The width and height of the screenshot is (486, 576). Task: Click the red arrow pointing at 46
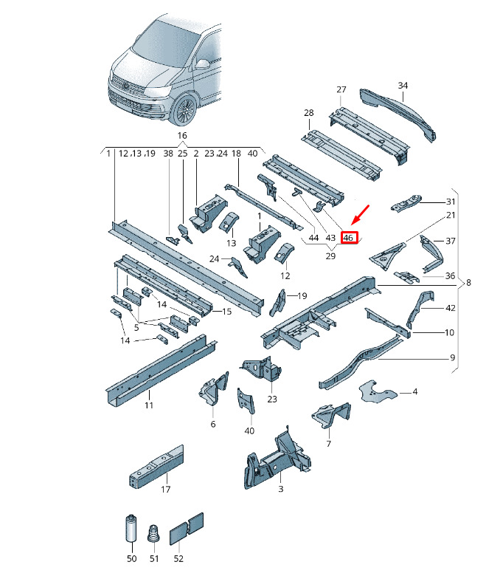(x=360, y=216)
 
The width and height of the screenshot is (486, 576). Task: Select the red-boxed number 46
(x=347, y=238)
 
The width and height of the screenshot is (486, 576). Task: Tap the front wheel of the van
(x=186, y=110)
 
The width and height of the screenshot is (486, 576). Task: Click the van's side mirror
(x=202, y=64)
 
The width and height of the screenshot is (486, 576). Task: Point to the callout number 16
(x=182, y=136)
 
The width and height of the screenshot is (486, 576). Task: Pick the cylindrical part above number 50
(x=131, y=528)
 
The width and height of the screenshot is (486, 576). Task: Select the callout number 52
(x=178, y=558)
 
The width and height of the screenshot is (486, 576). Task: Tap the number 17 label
(x=166, y=490)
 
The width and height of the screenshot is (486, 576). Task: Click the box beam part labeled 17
(x=156, y=467)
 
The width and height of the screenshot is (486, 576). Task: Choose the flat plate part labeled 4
(x=377, y=393)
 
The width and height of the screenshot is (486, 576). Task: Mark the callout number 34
(x=403, y=85)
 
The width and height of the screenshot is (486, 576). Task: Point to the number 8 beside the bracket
(x=468, y=283)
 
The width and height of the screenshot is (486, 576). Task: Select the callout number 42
(x=451, y=308)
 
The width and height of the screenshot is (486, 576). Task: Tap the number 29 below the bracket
(x=330, y=256)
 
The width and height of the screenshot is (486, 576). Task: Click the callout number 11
(x=148, y=405)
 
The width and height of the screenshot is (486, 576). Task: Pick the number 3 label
(x=280, y=489)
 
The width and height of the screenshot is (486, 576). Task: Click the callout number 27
(x=341, y=89)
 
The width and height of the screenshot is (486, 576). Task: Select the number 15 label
(x=227, y=312)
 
